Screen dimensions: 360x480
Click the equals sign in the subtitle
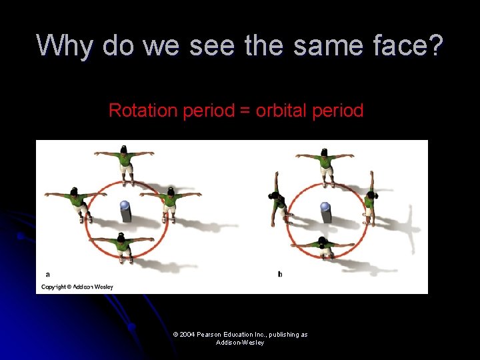pyautogui.click(x=245, y=111)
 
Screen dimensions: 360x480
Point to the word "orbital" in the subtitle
pyautogui.click(x=284, y=110)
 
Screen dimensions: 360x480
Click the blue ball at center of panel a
pyautogui.click(x=124, y=206)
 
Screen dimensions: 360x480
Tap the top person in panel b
pyautogui.click(x=325, y=163)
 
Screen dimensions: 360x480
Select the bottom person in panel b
pyautogui.click(x=324, y=246)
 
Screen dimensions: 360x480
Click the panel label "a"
pyautogui.click(x=47, y=274)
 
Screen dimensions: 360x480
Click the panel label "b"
pyautogui.click(x=280, y=274)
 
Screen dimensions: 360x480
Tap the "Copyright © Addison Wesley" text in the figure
pyautogui.click(x=77, y=287)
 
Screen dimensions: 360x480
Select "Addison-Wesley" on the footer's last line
pyautogui.click(x=240, y=342)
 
